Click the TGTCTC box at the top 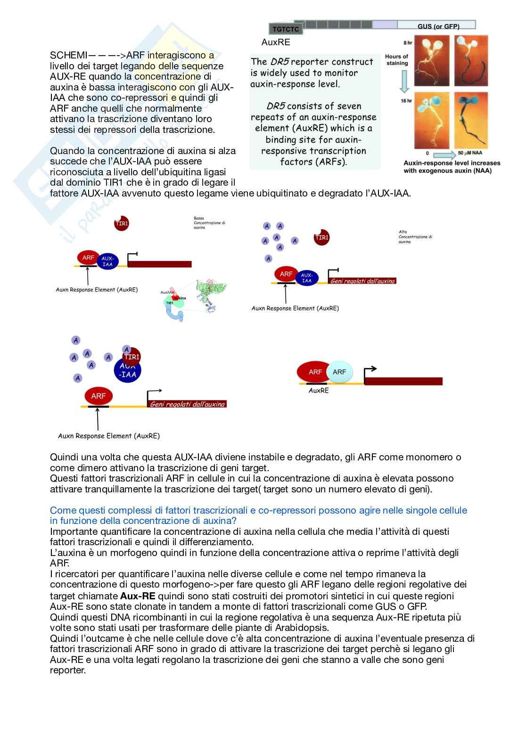(x=286, y=29)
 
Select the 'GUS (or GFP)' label (x=438, y=26)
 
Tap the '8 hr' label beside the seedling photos (x=407, y=43)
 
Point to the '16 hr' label (x=406, y=101)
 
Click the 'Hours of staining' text (x=396, y=60)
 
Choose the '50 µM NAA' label (x=470, y=153)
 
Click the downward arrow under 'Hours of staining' (x=404, y=81)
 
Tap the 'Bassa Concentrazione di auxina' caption (x=209, y=223)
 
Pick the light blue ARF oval (x=339, y=372)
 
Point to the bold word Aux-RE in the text (x=138, y=596)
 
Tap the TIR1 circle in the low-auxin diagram (x=122, y=223)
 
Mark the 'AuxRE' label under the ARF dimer (x=319, y=391)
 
